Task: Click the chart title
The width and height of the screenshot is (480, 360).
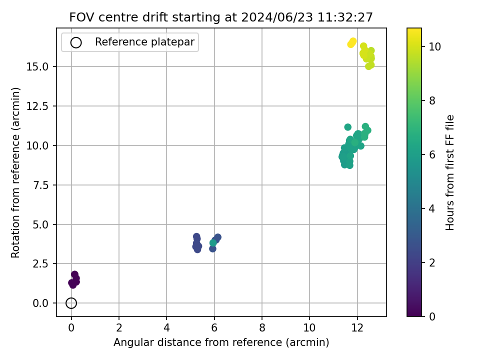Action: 221,17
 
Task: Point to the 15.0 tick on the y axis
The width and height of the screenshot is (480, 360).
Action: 37,66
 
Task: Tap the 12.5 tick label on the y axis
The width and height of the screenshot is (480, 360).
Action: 37,106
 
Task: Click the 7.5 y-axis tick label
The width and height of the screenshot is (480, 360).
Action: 40,185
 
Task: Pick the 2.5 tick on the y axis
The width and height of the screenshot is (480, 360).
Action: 40,264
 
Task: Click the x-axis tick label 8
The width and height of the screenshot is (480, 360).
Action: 262,328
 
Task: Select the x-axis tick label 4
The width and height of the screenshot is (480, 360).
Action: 166,328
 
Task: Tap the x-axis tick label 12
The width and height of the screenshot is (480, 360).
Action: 357,328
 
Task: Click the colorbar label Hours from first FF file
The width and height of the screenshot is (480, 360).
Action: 449,172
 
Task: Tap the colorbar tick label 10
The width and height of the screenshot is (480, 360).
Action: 434,47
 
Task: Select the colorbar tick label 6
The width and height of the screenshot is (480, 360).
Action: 432,155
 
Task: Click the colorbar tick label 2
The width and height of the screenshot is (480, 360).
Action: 432,262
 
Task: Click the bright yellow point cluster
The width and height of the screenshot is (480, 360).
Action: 352,43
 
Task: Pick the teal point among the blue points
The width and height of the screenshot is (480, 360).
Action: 213,243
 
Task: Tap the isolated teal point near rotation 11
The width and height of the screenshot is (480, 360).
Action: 348,127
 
